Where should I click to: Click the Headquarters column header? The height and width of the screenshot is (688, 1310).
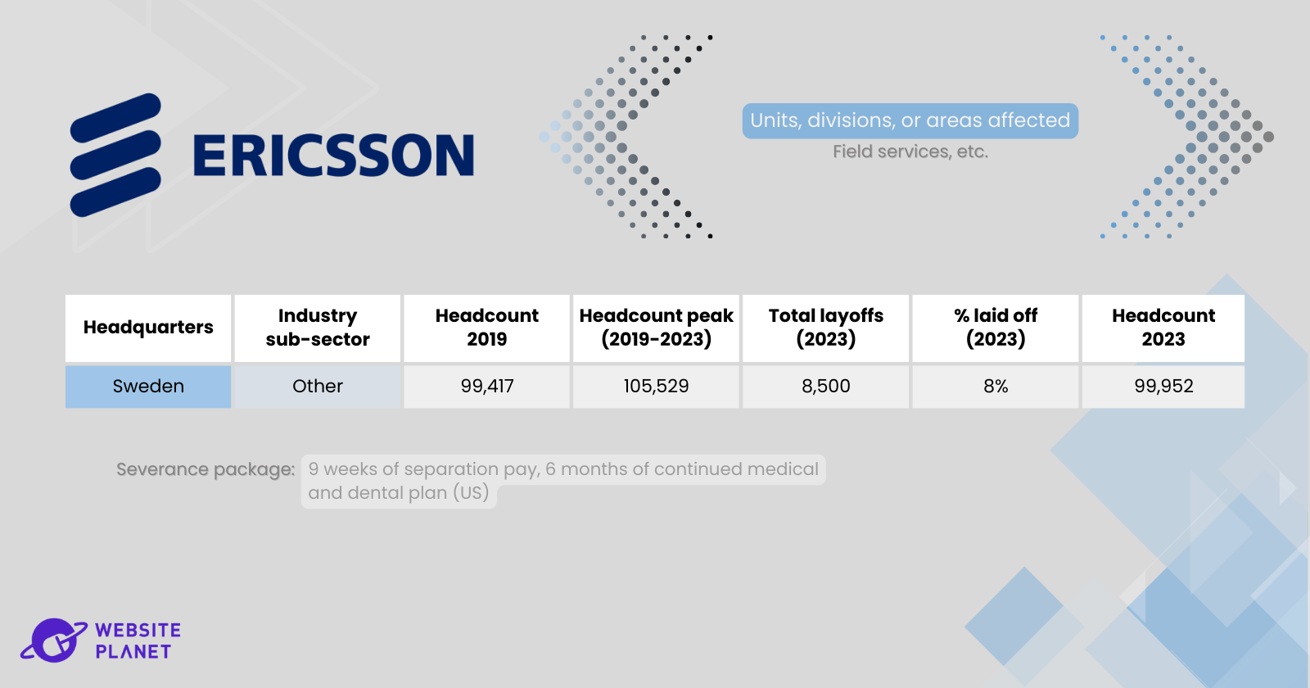coord(148,328)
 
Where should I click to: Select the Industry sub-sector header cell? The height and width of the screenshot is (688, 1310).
coord(318,328)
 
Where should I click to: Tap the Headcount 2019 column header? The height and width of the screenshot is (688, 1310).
coord(486,328)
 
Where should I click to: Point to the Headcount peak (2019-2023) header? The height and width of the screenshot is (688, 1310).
coord(656,328)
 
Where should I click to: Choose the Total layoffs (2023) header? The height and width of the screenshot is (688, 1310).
coord(826,328)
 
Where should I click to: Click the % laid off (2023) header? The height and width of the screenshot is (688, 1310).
coord(996,328)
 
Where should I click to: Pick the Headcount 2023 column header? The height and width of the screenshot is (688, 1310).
coord(1163,328)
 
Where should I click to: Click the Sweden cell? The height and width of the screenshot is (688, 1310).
coord(148,387)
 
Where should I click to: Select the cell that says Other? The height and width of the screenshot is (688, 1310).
coord(318,387)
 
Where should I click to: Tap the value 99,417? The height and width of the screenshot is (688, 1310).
coord(486,387)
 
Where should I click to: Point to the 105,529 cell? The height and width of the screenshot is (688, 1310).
coord(656,387)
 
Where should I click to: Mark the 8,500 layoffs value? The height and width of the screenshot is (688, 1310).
coord(826,387)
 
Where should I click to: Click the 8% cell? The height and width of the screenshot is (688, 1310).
coord(996,387)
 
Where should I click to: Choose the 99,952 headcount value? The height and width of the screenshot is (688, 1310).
coord(1163,387)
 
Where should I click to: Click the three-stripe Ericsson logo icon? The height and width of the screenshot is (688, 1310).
coord(115,155)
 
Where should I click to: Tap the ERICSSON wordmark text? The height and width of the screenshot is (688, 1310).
coord(333,155)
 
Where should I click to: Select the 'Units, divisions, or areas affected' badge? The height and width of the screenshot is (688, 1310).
coord(910,121)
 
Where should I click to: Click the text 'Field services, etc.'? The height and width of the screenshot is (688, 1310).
coord(910,152)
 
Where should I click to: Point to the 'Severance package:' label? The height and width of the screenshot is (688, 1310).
coord(206,470)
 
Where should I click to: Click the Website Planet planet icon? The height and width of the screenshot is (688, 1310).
coord(54,640)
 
